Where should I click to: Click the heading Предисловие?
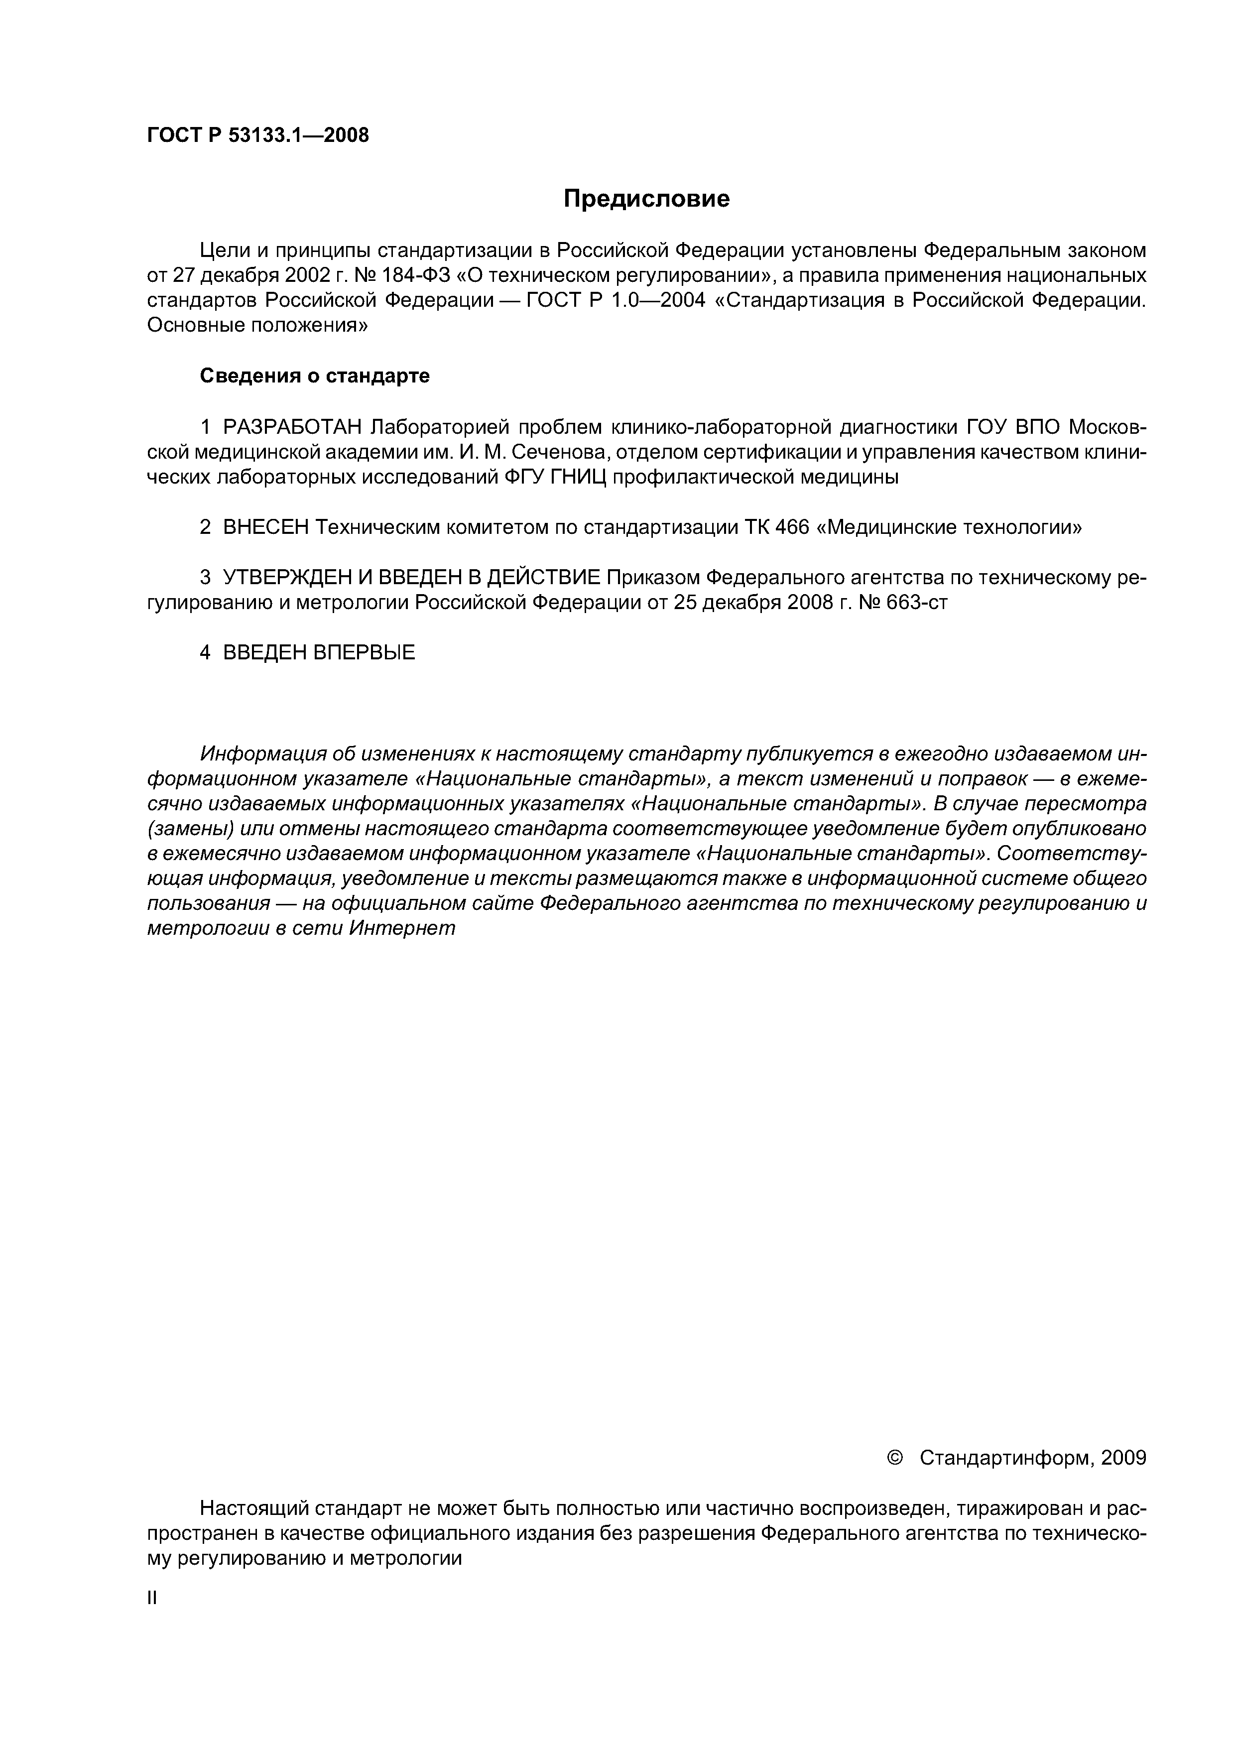pyautogui.click(x=646, y=199)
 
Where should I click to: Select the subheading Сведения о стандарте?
pyautogui.click(x=314, y=376)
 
